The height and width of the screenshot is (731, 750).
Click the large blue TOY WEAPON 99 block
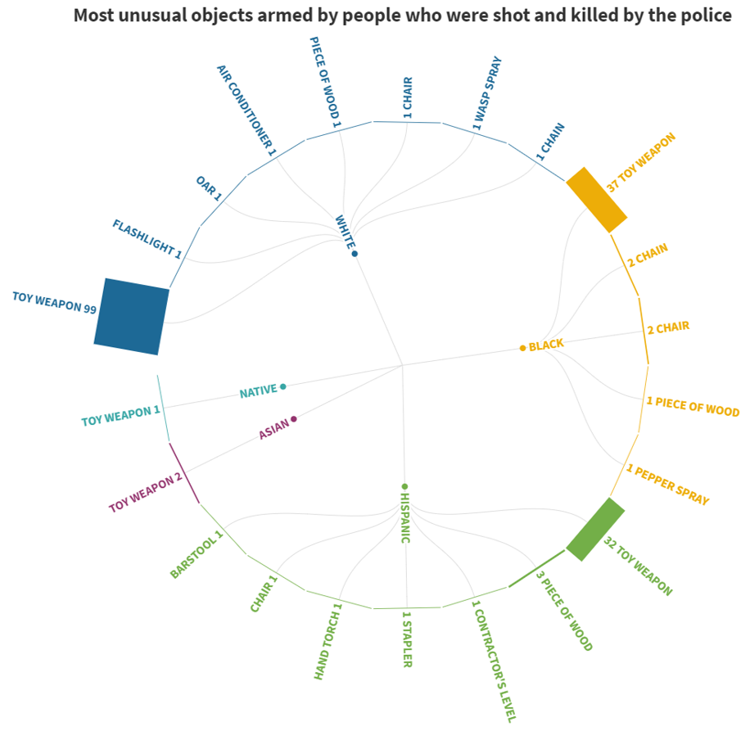pos(132,317)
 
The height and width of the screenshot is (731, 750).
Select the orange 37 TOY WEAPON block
pos(597,200)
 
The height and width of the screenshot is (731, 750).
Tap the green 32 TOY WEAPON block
pos(596,530)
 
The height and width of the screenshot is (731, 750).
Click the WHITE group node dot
pos(355,254)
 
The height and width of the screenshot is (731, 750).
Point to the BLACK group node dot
pos(522,348)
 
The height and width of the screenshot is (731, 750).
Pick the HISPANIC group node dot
pos(404,486)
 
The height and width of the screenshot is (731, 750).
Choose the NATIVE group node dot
pos(283,386)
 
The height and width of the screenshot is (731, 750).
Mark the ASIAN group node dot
pos(294,419)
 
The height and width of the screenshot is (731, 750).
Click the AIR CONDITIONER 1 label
pos(246,110)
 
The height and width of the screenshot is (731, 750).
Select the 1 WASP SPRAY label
pos(487,93)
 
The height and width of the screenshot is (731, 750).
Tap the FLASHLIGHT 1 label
pos(147,239)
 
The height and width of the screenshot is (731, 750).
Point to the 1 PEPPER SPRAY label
pos(667,484)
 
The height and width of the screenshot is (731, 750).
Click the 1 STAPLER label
pos(407,638)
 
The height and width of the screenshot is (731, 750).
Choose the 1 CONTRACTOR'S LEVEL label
pos(493,660)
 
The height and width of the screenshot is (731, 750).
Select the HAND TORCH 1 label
pos(327,643)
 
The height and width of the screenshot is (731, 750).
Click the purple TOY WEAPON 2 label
pos(146,493)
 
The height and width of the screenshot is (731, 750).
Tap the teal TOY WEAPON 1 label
pos(120,417)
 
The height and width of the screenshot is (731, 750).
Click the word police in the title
pos(702,16)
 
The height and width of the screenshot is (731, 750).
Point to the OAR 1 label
pos(208,187)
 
